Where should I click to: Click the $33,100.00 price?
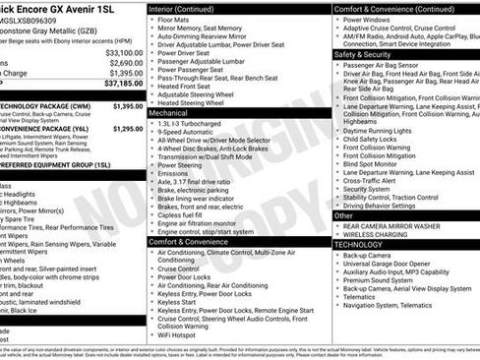pyautogui.click(x=123, y=53)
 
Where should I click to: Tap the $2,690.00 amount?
pyautogui.click(x=125, y=63)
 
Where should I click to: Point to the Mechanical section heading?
pyautogui.click(x=170, y=113)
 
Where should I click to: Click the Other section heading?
pyautogui.click(x=344, y=214)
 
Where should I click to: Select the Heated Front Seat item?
pyautogui.click(x=187, y=87)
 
